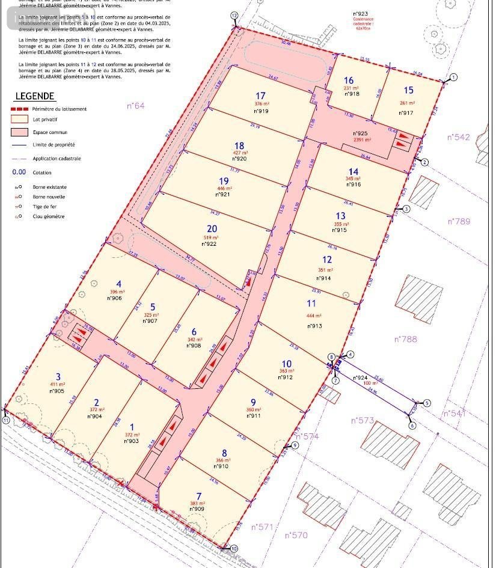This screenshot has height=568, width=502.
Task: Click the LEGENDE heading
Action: pyautogui.click(x=35, y=96)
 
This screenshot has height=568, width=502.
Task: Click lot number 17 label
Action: pyautogui.click(x=260, y=96)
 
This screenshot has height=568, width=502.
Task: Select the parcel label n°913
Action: pyautogui.click(x=314, y=326)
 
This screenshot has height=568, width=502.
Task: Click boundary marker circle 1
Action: pyautogui.click(x=453, y=77)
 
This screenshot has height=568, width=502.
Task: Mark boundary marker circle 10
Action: pyautogui.click(x=234, y=548)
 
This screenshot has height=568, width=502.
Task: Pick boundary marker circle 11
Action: pyautogui.click(x=6, y=420)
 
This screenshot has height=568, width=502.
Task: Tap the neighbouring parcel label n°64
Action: pyautogui.click(x=136, y=106)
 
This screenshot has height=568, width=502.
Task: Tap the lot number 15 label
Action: pyautogui.click(x=409, y=90)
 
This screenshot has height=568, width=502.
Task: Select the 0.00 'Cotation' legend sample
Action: pyautogui.click(x=19, y=172)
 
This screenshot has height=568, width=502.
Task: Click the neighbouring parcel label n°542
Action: pyautogui.click(x=459, y=138)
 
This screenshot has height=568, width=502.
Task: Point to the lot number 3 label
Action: pyautogui.click(x=58, y=377)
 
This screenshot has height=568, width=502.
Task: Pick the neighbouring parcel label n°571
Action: pyautogui.click(x=262, y=527)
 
